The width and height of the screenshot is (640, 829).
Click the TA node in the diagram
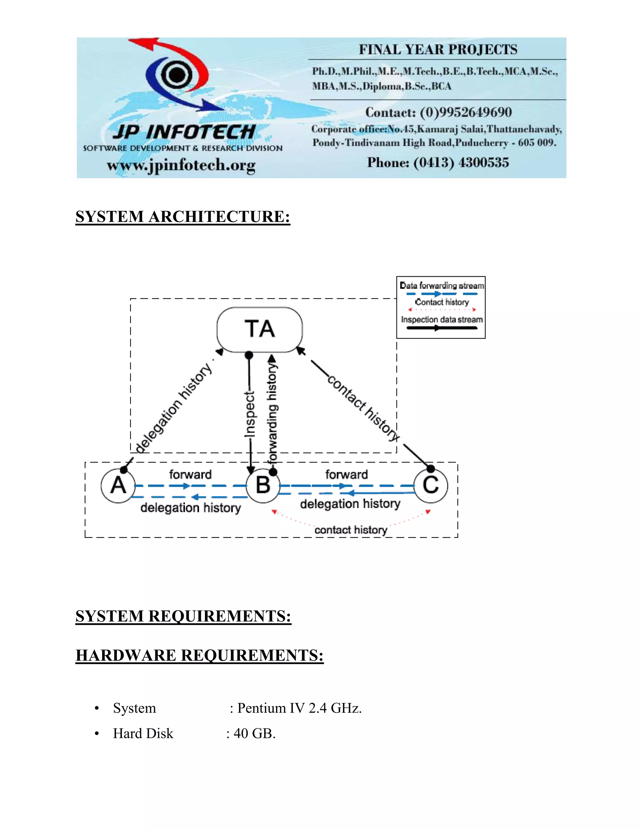click(260, 329)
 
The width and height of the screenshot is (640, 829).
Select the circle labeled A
click(118, 486)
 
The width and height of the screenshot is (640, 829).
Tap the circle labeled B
click(263, 486)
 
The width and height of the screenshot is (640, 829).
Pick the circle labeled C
click(431, 486)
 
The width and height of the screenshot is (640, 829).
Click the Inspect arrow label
click(249, 414)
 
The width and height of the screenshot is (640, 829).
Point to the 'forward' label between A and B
click(190, 475)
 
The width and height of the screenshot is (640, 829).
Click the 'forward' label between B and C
click(347, 475)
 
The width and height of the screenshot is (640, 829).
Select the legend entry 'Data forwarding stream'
click(442, 285)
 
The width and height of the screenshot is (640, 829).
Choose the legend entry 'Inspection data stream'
click(442, 320)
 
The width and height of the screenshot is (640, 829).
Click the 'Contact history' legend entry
click(442, 302)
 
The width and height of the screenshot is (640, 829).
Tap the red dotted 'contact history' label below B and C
click(351, 530)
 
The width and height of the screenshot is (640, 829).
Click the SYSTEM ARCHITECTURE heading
click(183, 217)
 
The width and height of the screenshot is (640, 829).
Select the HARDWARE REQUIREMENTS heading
click(199, 655)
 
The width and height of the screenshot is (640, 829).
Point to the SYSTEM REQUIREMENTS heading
click(183, 616)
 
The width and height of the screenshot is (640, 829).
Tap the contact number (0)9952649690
click(466, 112)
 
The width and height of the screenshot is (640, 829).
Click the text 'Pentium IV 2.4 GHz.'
click(299, 708)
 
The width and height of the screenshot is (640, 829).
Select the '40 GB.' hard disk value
click(254, 733)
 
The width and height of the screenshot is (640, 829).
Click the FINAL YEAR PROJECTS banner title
click(438, 50)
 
